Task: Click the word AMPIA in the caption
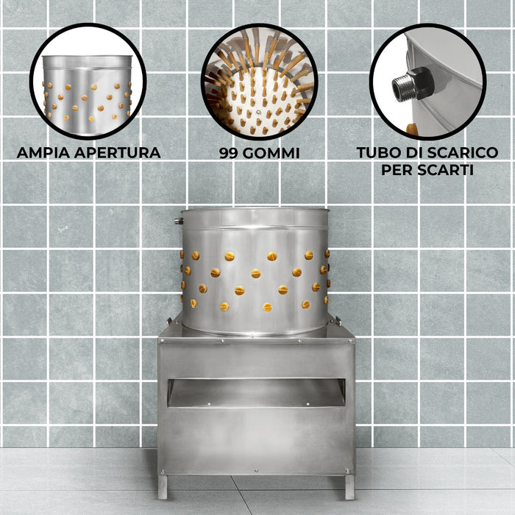(43, 153)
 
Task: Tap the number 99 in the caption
(230, 153)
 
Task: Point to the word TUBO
(378, 153)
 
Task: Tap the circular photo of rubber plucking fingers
(258, 81)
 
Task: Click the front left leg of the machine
(163, 486)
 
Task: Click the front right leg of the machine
(349, 486)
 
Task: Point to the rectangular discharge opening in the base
(256, 393)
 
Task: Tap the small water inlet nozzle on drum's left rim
(178, 220)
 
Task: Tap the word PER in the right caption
(399, 170)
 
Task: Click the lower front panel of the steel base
(256, 441)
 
